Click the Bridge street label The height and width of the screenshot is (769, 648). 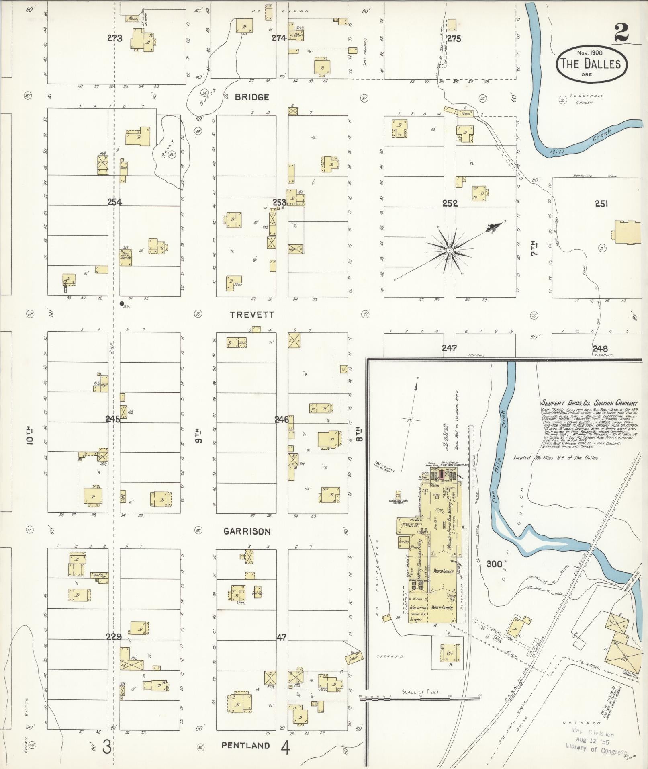click(252, 97)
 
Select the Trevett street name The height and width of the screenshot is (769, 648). click(252, 315)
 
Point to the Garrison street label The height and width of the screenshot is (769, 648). click(247, 531)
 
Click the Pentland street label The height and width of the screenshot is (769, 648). click(245, 745)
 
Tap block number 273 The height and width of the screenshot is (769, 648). click(114, 39)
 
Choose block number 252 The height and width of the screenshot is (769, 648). click(450, 203)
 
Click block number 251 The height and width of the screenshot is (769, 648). click(601, 204)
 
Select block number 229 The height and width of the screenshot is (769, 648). click(114, 636)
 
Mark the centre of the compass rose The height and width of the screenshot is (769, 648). click(450, 251)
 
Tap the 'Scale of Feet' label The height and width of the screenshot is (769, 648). click(420, 692)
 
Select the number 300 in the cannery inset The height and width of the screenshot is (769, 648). click(494, 564)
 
